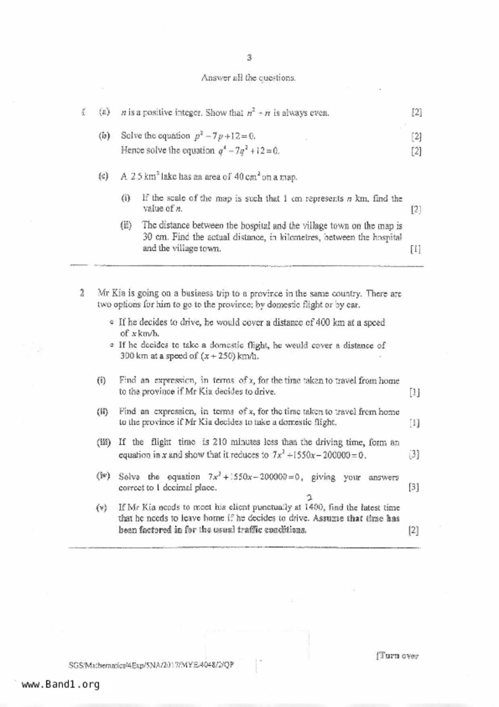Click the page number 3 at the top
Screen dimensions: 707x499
pos(249,58)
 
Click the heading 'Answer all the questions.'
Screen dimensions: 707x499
pos(248,77)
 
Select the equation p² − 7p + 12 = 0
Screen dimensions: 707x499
pos(225,136)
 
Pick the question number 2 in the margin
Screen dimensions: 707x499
pos(82,293)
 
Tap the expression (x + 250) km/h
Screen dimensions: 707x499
pos(229,356)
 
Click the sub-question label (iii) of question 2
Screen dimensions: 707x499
pos(104,443)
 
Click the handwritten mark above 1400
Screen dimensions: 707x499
pos(309,498)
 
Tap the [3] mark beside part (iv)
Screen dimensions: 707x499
pos(414,487)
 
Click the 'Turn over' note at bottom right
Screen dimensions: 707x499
pos(398,656)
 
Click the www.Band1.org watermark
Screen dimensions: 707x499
pos(60,684)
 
